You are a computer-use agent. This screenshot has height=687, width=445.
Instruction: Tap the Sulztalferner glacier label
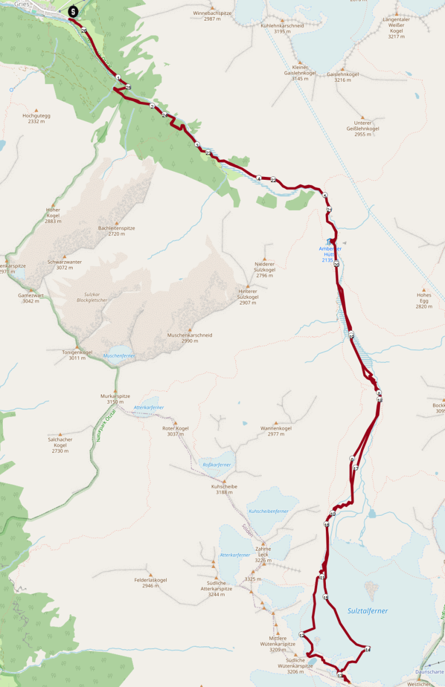click(367, 611)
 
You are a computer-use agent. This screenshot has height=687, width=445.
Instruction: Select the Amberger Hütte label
click(330, 252)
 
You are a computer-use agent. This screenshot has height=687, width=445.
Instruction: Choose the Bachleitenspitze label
click(116, 228)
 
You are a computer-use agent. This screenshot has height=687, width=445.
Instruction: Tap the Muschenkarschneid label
click(190, 335)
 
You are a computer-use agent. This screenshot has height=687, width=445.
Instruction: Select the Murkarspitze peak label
click(115, 396)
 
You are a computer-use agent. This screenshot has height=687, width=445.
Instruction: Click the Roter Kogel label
click(175, 428)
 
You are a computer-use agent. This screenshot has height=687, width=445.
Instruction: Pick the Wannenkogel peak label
click(276, 428)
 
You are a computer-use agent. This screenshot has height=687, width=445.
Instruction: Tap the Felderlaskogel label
click(151, 580)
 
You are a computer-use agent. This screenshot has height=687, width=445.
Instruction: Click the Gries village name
click(38, 3)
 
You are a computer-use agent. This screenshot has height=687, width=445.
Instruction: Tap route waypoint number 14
click(367, 649)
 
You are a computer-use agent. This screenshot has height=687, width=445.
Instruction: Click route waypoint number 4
click(259, 179)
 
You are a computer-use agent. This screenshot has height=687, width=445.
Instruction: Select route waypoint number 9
click(352, 459)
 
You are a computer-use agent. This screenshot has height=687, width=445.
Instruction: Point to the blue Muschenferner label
click(119, 356)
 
